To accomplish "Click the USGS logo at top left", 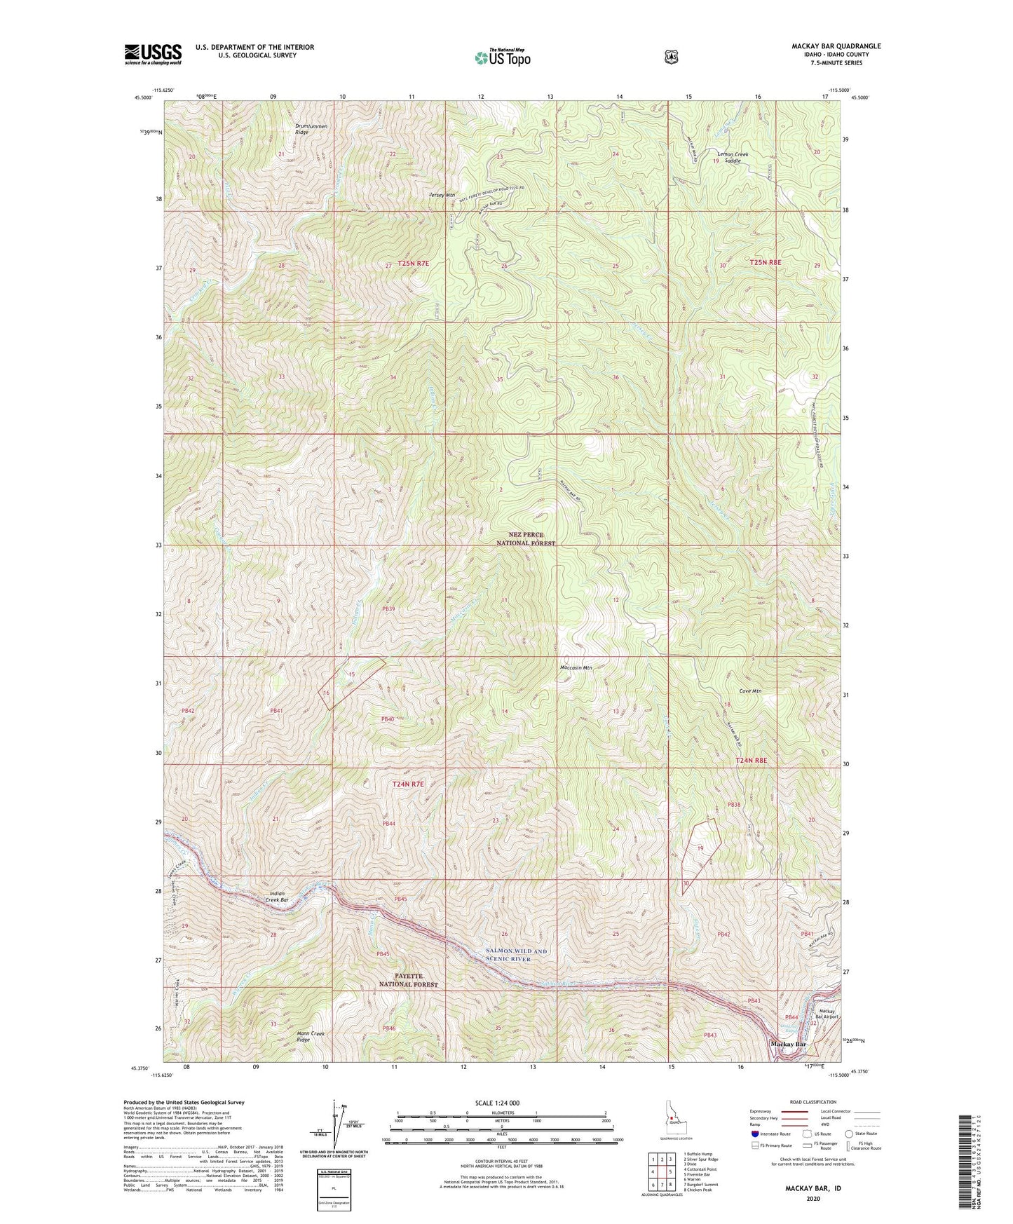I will click(x=153, y=53).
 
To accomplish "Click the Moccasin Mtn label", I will click(x=576, y=668).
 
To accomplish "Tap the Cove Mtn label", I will click(x=750, y=691).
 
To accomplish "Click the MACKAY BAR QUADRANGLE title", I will click(x=827, y=46).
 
